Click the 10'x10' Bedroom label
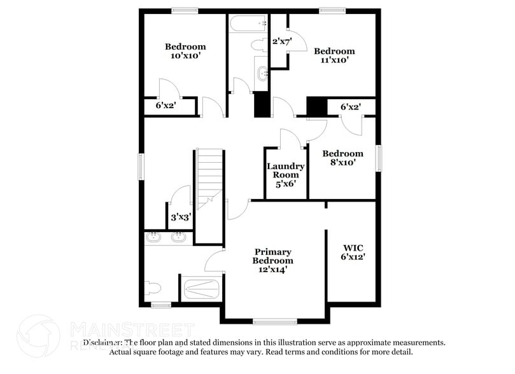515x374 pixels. point(185,51)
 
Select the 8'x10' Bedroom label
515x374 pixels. point(342,158)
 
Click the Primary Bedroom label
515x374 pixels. point(273,260)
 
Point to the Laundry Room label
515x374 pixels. point(285,174)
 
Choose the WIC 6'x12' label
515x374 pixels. point(353,252)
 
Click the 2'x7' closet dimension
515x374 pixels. point(281,42)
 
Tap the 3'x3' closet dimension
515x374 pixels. point(181,218)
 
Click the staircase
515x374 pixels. point(209,178)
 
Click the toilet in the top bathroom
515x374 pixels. point(261,45)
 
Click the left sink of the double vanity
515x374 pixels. point(153,238)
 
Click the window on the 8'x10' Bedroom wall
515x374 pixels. point(379,158)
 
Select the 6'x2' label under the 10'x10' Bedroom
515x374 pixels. point(166,106)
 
